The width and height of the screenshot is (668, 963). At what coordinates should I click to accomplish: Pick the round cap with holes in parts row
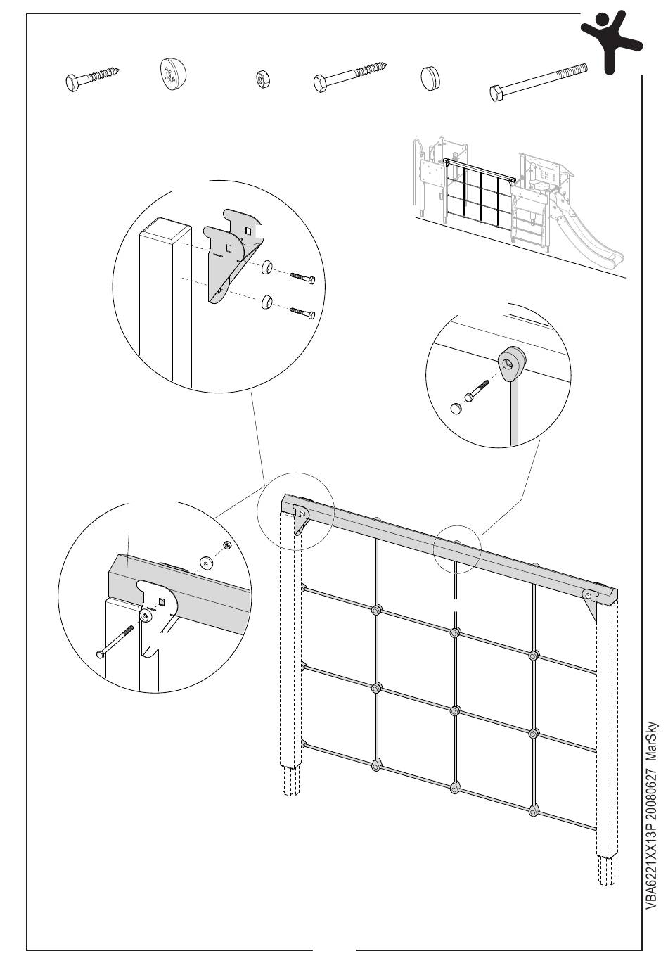pyautogui.click(x=172, y=74)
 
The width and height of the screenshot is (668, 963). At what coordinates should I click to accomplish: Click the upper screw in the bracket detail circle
pyautogui.click(x=301, y=278)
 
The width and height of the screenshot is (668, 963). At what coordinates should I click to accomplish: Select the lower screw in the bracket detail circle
pyautogui.click(x=301, y=310)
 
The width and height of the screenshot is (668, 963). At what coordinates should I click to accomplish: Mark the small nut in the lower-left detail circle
pyautogui.click(x=226, y=545)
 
